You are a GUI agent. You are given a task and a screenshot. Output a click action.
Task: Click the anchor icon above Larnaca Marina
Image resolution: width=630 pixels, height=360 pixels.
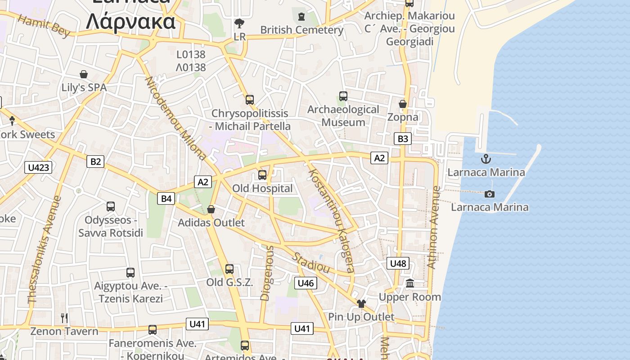click(486, 159)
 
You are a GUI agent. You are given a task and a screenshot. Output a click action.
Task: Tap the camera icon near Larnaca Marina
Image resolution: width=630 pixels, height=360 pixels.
click(490, 194)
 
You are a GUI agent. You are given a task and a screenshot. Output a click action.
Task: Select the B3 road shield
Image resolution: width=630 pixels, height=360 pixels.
click(403, 139)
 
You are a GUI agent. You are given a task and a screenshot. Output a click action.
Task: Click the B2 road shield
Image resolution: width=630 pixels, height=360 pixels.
click(95, 161)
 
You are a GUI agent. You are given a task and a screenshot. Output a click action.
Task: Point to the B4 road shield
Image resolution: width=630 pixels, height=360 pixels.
click(166, 198)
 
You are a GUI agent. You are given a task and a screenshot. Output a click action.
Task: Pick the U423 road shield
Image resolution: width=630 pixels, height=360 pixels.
click(38, 168)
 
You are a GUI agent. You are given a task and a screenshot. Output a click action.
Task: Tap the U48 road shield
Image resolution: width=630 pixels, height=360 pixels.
click(398, 263)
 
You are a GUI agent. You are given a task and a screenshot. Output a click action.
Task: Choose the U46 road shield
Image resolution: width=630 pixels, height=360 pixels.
click(306, 283)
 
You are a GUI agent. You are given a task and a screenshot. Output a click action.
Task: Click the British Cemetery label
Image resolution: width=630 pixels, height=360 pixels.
click(301, 30)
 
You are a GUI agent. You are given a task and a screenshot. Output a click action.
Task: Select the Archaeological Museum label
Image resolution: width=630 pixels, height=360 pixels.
click(343, 116)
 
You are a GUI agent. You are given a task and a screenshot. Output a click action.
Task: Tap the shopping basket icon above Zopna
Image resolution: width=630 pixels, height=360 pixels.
click(403, 104)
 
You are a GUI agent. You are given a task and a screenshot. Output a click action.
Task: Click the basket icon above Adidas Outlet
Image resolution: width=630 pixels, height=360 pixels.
click(211, 209)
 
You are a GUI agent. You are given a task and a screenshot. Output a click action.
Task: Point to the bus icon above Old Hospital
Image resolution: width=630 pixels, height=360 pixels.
click(262, 175)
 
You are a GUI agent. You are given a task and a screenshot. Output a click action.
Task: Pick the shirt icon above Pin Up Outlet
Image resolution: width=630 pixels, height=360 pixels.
click(361, 304)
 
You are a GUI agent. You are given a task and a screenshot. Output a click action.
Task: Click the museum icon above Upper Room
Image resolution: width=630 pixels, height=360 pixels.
click(410, 283)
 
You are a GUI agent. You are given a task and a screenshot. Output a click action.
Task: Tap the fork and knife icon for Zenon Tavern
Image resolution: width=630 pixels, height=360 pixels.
click(64, 318)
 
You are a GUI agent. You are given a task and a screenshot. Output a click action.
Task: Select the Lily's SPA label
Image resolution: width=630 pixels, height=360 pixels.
click(84, 87)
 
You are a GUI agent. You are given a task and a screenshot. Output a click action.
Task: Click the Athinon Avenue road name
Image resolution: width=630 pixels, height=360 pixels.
click(433, 227)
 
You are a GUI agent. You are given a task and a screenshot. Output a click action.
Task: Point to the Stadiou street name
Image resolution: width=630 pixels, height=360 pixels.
click(311, 263)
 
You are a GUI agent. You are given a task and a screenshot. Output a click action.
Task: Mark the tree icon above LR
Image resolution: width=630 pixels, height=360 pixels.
click(239, 23)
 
